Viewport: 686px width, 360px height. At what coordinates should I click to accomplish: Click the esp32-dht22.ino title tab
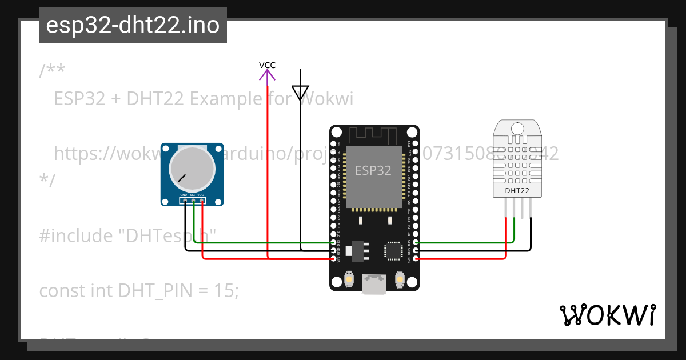pos(133,25)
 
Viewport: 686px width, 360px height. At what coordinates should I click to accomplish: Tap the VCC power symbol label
pos(267,65)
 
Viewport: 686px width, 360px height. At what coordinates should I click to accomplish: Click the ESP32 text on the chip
pos(373,170)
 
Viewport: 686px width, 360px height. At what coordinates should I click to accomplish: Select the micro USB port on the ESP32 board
pos(374,283)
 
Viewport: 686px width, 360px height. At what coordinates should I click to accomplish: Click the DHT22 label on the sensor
pos(517,190)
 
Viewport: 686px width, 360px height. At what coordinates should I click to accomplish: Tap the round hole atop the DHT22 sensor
pos(517,128)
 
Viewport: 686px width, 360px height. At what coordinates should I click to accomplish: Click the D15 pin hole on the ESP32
pos(416,243)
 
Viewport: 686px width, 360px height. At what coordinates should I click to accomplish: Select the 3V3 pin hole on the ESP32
pos(416,259)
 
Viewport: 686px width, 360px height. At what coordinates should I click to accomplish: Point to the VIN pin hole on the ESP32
pos(333,259)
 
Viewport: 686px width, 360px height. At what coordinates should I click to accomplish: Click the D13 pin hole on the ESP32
pos(333,243)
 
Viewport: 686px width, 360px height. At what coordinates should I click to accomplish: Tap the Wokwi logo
pos(607,315)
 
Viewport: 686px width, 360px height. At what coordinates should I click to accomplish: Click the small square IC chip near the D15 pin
pos(393,250)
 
